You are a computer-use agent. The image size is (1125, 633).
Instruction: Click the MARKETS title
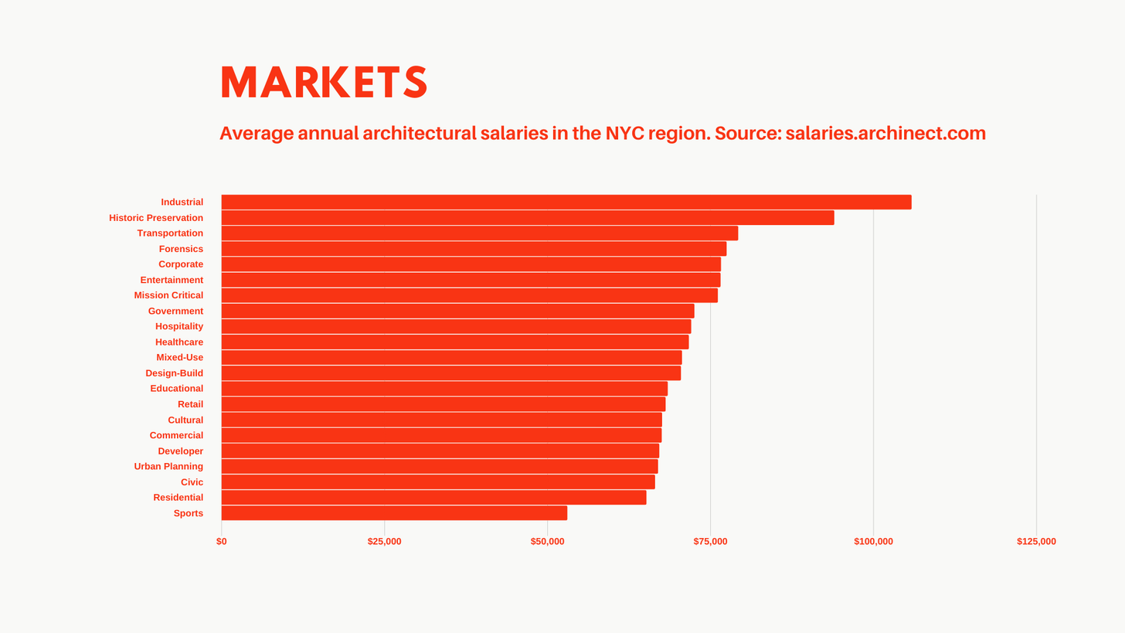[x=323, y=82]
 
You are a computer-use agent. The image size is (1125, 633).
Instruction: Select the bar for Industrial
[x=566, y=202]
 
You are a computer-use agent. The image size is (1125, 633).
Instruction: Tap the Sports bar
[x=394, y=513]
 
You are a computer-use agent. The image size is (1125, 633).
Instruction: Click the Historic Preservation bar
[x=527, y=218]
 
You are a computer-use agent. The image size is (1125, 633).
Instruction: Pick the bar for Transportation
[x=479, y=233]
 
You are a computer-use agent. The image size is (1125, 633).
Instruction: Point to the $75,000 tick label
[x=710, y=542]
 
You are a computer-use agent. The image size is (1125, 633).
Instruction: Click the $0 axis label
[x=222, y=542]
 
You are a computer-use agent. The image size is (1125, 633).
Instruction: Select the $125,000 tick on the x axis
[x=1035, y=542]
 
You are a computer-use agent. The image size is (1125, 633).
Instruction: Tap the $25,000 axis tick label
[x=384, y=542]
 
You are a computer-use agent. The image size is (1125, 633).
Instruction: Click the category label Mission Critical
[x=168, y=295]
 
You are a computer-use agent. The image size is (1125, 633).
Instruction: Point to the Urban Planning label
[x=168, y=467]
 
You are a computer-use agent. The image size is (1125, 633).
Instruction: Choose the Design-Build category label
[x=174, y=373]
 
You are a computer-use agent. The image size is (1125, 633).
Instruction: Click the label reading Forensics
[x=181, y=249]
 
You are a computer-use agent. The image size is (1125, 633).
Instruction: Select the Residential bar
[x=433, y=498]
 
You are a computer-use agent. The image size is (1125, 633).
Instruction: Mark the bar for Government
[x=457, y=311]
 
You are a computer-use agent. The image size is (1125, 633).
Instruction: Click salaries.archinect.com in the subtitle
[x=885, y=133]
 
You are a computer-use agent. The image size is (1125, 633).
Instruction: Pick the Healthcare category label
[x=179, y=342]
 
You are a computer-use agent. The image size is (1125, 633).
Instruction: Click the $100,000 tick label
[x=873, y=542]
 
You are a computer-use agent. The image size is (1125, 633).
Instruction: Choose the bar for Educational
[x=444, y=389]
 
